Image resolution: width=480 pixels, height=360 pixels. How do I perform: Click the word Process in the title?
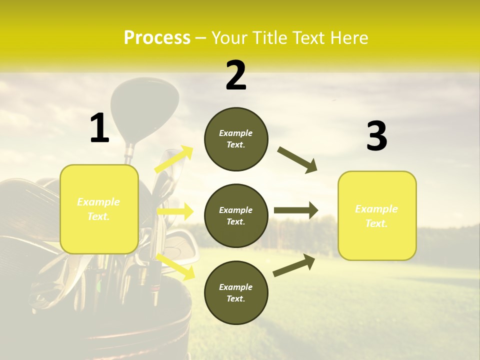(x=157, y=38)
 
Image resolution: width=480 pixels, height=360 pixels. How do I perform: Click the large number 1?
(x=99, y=128)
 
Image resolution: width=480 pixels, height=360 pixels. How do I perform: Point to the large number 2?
(x=236, y=75)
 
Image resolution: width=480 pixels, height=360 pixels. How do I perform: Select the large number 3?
(x=376, y=136)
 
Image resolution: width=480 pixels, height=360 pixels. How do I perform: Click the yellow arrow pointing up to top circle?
(x=174, y=159)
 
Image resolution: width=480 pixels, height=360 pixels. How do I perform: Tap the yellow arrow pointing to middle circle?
(x=175, y=211)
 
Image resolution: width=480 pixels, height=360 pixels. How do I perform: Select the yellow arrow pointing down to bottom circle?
(x=175, y=266)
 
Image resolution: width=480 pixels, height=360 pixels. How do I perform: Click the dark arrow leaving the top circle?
(x=297, y=160)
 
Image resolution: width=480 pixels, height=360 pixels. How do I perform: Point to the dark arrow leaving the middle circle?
(x=296, y=210)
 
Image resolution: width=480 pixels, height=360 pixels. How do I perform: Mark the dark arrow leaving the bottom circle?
(x=294, y=265)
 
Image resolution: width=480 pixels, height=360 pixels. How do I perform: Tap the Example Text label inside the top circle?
(x=236, y=139)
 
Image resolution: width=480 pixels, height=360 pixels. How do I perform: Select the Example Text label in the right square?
(x=376, y=216)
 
